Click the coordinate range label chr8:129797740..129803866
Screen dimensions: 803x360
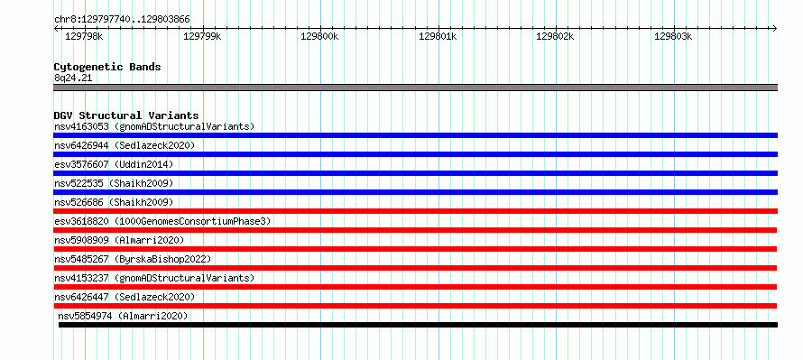[122, 20]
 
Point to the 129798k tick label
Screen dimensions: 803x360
[85, 36]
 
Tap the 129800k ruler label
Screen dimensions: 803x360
[319, 36]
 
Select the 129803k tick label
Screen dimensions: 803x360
[673, 36]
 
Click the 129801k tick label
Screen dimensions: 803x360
[438, 36]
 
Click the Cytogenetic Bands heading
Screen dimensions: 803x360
[107, 67]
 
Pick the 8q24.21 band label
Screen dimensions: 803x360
[73, 78]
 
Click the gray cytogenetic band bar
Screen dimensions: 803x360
[415, 88]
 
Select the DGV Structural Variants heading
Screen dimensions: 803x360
[126, 115]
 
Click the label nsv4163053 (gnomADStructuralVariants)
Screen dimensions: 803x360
[154, 126]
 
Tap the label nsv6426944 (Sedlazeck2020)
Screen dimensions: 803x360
[125, 145]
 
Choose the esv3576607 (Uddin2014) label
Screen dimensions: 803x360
[114, 164]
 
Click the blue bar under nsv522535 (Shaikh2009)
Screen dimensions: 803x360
[415, 192]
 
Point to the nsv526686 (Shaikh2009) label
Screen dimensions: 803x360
[114, 202]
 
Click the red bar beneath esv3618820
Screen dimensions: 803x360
[415, 230]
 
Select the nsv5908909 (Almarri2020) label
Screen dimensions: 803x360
[119, 240]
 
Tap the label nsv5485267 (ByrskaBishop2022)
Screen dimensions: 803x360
[133, 259]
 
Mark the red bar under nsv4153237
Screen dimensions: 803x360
[415, 287]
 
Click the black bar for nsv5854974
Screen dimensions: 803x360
[418, 325]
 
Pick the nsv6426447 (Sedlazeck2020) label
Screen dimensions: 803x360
[125, 297]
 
